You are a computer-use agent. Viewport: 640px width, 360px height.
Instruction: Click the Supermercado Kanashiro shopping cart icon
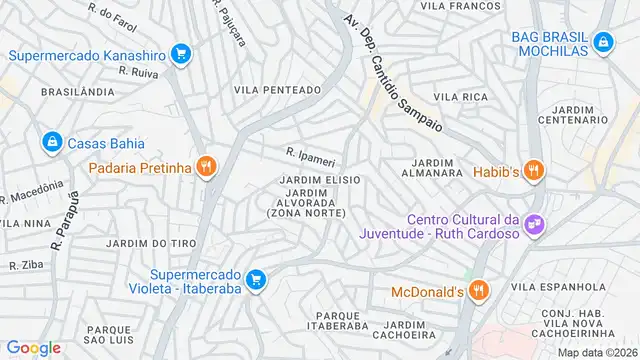[x=180, y=53]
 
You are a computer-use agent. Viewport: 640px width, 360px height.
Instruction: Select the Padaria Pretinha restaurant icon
[x=206, y=167]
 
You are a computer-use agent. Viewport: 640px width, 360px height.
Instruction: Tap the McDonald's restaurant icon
[x=479, y=291]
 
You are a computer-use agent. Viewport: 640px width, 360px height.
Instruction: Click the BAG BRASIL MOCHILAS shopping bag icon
[x=602, y=42]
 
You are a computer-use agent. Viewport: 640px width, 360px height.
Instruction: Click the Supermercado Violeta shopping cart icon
[x=256, y=279]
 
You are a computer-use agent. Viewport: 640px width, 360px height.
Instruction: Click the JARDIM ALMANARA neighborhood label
[x=433, y=167]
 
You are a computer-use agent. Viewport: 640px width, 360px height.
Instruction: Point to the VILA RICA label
[x=461, y=96]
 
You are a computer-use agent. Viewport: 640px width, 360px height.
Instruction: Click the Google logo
[x=34, y=347]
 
